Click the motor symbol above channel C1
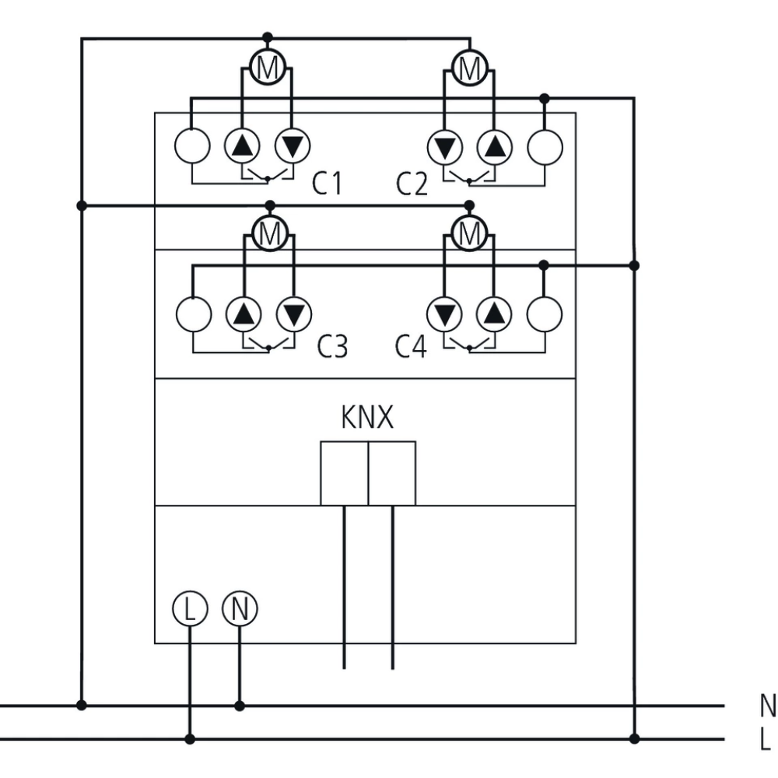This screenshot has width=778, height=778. click(x=267, y=68)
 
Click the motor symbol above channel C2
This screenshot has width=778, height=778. click(x=469, y=68)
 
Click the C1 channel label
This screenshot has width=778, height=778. click(x=327, y=184)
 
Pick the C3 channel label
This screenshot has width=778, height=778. click(x=331, y=347)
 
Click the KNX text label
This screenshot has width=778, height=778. click(x=367, y=419)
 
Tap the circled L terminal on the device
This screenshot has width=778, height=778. click(x=189, y=608)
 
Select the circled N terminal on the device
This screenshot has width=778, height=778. click(x=240, y=608)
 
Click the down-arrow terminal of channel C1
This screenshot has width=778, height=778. click(x=293, y=145)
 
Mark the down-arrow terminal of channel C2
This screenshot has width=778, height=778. click(x=444, y=145)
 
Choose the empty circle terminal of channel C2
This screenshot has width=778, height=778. click(x=545, y=145)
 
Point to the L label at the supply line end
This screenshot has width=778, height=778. click(x=766, y=738)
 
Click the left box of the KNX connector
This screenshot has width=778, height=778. click(x=344, y=473)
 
